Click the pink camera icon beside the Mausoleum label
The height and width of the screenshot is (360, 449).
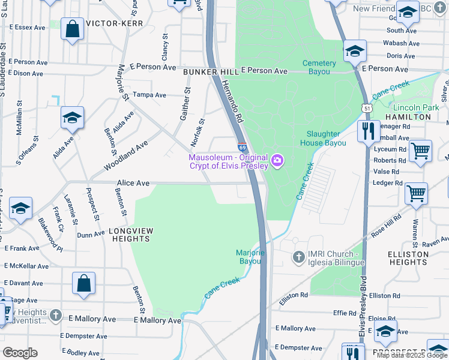277,160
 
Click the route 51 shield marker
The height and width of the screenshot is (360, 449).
366,107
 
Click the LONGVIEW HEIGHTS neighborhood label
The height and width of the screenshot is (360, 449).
131,235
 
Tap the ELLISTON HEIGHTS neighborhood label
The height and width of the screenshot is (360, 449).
408,258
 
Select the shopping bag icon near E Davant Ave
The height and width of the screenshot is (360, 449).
83,283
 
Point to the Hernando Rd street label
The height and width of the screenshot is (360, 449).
229,103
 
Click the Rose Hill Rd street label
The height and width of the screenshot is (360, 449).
386,226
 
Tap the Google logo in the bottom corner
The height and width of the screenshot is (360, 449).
20,353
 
